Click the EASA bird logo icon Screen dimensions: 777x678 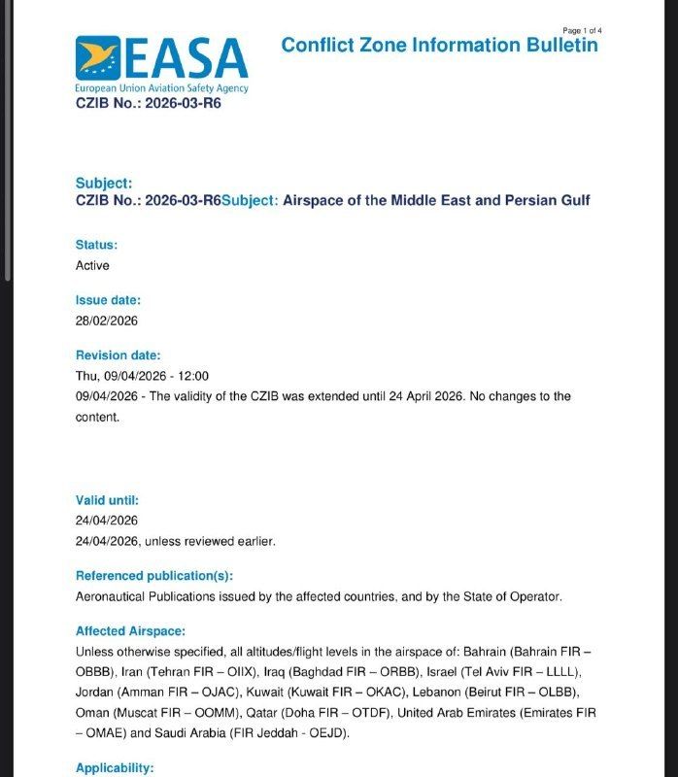point(97,58)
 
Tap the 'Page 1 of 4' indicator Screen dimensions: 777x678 point(582,30)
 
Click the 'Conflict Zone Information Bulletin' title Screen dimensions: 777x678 point(439,45)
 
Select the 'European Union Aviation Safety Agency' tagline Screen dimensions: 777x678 point(161,88)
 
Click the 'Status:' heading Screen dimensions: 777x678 point(96,245)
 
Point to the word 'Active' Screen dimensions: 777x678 point(92,265)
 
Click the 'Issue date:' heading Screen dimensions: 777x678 point(108,300)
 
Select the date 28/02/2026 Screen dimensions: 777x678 point(107,321)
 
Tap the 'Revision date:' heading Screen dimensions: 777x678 point(118,355)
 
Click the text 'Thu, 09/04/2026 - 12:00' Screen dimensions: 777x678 point(142,376)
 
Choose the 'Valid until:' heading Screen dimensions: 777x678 point(107,500)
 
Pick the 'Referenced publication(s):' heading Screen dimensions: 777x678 point(154,576)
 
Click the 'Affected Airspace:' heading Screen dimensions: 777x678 point(130,630)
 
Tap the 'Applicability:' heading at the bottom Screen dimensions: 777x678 point(115,768)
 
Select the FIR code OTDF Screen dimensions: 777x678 point(370,713)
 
